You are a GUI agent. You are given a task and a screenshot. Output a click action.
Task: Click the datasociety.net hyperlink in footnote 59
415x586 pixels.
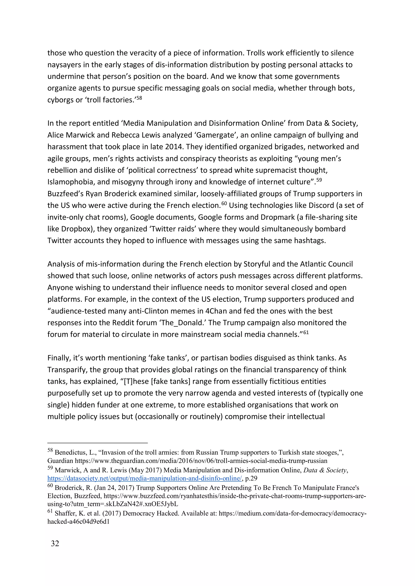(144, 478)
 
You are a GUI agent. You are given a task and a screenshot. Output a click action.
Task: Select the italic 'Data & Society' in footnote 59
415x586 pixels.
(325, 470)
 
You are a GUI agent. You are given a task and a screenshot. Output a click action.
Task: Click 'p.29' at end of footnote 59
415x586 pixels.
(251, 478)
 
